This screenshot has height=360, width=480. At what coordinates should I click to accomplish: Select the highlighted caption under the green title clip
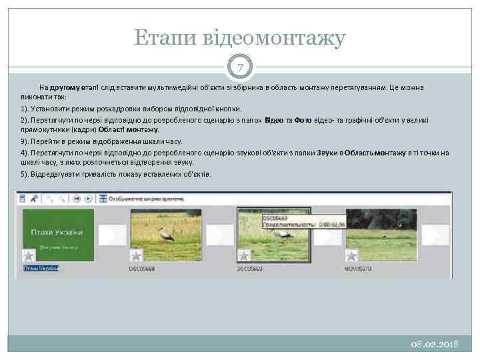pyautogui.click(x=40, y=269)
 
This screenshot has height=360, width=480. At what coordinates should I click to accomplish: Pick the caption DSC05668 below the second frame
pyautogui.click(x=142, y=269)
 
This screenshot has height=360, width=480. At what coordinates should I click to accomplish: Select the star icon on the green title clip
pyautogui.click(x=29, y=255)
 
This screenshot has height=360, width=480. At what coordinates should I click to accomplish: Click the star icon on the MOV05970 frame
pyautogui.click(x=351, y=255)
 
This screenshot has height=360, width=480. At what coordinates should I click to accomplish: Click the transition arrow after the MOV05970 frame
pyautogui.click(x=436, y=235)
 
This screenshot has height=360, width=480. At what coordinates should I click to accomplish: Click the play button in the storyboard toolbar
pyautogui.click(x=88, y=199)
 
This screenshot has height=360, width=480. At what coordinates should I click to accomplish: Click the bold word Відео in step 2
pyautogui.click(x=274, y=120)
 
